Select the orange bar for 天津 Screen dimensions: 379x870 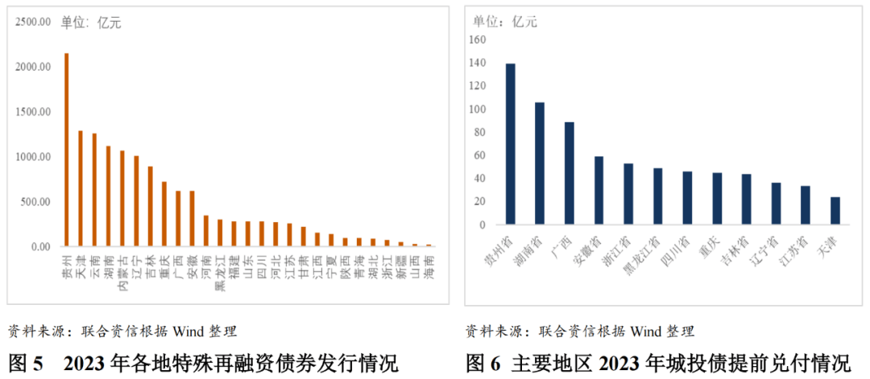coord(81,188)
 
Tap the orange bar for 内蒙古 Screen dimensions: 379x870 coord(122,198)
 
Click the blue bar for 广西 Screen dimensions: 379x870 coord(570,172)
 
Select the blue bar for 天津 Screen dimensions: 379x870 coord(835,210)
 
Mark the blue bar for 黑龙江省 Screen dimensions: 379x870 coord(658,196)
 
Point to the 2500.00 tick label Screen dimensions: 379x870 coord(33,23)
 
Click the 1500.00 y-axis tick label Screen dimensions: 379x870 coord(33,112)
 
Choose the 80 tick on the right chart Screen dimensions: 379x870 coord(481,132)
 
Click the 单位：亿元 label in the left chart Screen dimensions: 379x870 coord(91,23)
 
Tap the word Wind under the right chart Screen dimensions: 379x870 coord(645,331)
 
